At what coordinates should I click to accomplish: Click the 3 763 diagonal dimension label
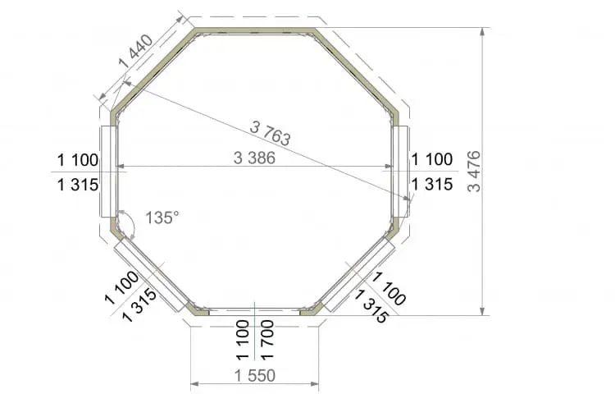pyautogui.click(x=270, y=133)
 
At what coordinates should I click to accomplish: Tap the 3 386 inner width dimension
pyautogui.click(x=254, y=158)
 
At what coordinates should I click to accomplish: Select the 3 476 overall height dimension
pyautogui.click(x=474, y=171)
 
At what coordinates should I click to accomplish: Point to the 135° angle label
pyautogui.click(x=162, y=218)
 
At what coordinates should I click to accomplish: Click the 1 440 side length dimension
pyautogui.click(x=135, y=51)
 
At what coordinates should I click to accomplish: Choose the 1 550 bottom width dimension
pyautogui.click(x=255, y=376)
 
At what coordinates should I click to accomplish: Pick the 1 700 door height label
pyautogui.click(x=267, y=340)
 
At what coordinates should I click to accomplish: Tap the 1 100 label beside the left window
pyautogui.click(x=78, y=160)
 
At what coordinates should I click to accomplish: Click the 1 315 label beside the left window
pyautogui.click(x=78, y=185)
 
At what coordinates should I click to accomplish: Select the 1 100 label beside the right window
pyautogui.click(x=432, y=159)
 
